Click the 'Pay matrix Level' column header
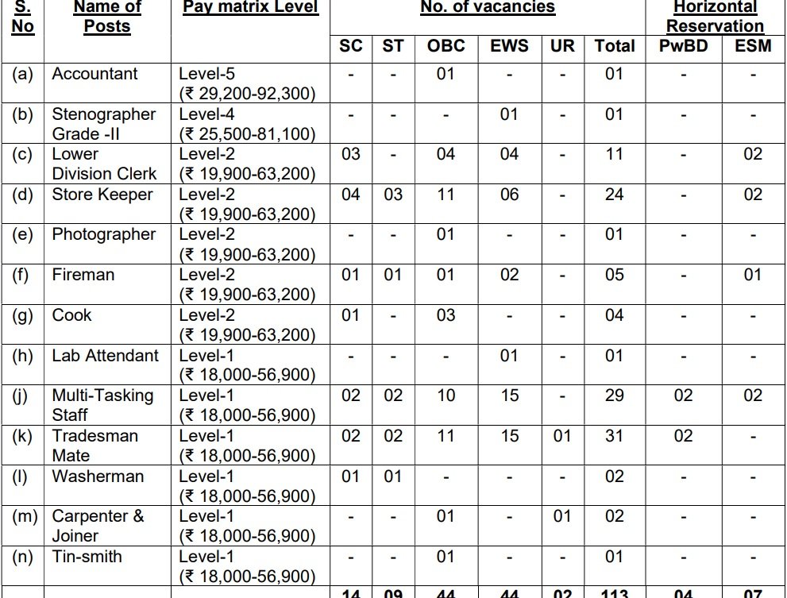[x=250, y=8]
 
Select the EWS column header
[x=509, y=46]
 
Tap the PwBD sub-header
[x=683, y=46]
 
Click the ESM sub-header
[x=753, y=46]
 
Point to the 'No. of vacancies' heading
[x=488, y=8]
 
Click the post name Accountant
[x=95, y=74]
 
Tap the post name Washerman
[x=98, y=476]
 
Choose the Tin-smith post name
[x=87, y=556]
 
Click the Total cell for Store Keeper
[x=614, y=195]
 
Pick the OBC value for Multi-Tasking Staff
[x=446, y=395]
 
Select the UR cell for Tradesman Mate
[x=561, y=436]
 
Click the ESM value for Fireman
[x=753, y=275]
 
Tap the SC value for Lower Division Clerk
[x=350, y=154]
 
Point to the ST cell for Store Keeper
[x=393, y=195]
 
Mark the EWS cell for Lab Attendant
[x=509, y=356]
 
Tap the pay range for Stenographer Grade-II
[x=247, y=134]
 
